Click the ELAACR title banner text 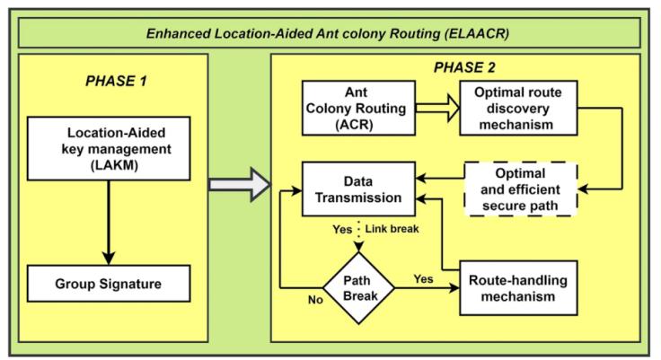click(330, 32)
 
